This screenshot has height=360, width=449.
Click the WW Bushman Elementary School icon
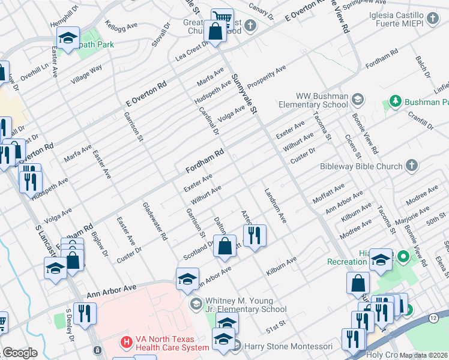point(357,98)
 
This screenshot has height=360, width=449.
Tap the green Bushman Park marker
point(395,100)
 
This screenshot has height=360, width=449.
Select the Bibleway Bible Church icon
point(411,165)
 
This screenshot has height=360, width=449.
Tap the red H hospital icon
point(126,343)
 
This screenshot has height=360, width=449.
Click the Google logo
point(20,352)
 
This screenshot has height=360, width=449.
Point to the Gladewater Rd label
point(155,221)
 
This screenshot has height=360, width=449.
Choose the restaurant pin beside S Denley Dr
point(85,313)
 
